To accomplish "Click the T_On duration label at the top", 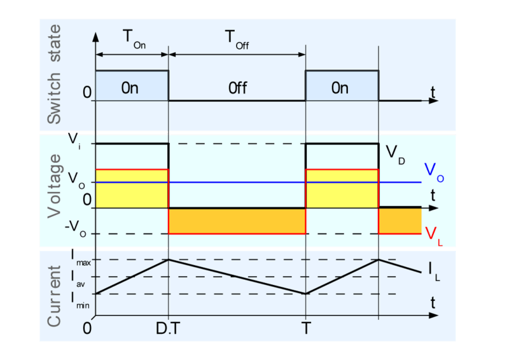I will click(132, 39).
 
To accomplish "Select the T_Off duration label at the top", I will click(237, 39).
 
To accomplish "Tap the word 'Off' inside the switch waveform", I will click(237, 88).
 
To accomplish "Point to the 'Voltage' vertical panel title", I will click(55, 186).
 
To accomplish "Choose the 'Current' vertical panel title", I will click(55, 293).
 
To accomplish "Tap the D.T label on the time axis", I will click(168, 328).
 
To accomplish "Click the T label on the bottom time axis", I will click(306, 328).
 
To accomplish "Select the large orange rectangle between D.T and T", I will click(237, 221).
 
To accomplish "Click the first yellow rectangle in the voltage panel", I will click(132, 188).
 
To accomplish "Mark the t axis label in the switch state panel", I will click(433, 93).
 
